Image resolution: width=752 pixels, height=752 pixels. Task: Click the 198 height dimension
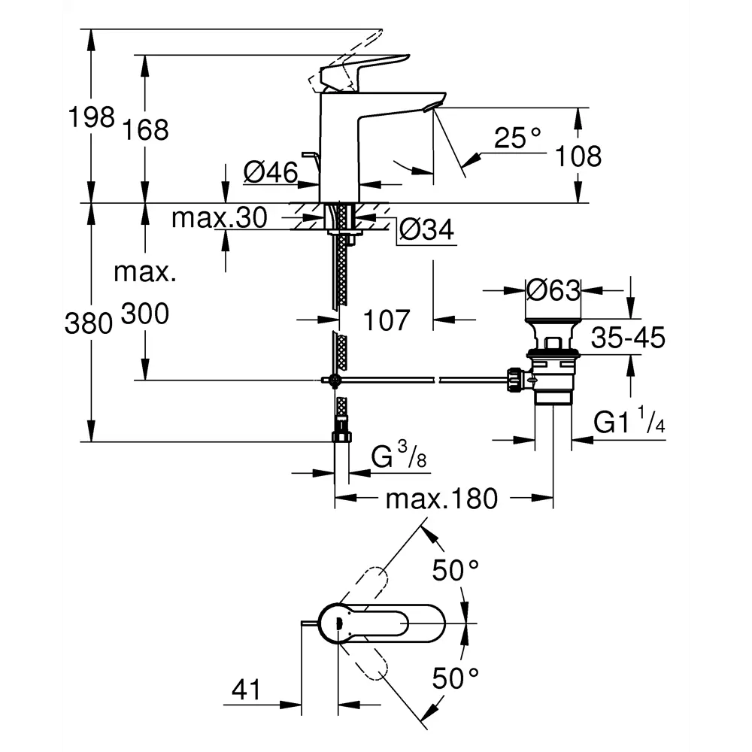[91, 117]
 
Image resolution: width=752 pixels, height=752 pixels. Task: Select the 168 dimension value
[146, 129]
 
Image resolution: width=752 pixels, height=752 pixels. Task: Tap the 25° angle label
[518, 138]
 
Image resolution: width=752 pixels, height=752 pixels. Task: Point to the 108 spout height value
[578, 156]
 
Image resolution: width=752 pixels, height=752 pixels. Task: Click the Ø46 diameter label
[270, 173]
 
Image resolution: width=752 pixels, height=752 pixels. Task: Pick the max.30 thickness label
[219, 218]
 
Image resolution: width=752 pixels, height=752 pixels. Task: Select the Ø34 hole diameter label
[426, 231]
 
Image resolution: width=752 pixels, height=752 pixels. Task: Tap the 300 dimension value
[145, 315]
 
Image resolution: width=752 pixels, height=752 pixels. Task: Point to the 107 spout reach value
[387, 320]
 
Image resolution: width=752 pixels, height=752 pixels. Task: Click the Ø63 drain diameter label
[553, 290]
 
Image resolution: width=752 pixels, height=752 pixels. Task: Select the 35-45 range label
[628, 338]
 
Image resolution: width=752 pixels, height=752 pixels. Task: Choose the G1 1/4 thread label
[629, 423]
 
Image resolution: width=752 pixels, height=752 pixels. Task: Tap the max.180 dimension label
[442, 498]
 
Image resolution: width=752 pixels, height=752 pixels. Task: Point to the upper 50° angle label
[456, 572]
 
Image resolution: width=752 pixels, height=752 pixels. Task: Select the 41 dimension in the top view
[246, 689]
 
